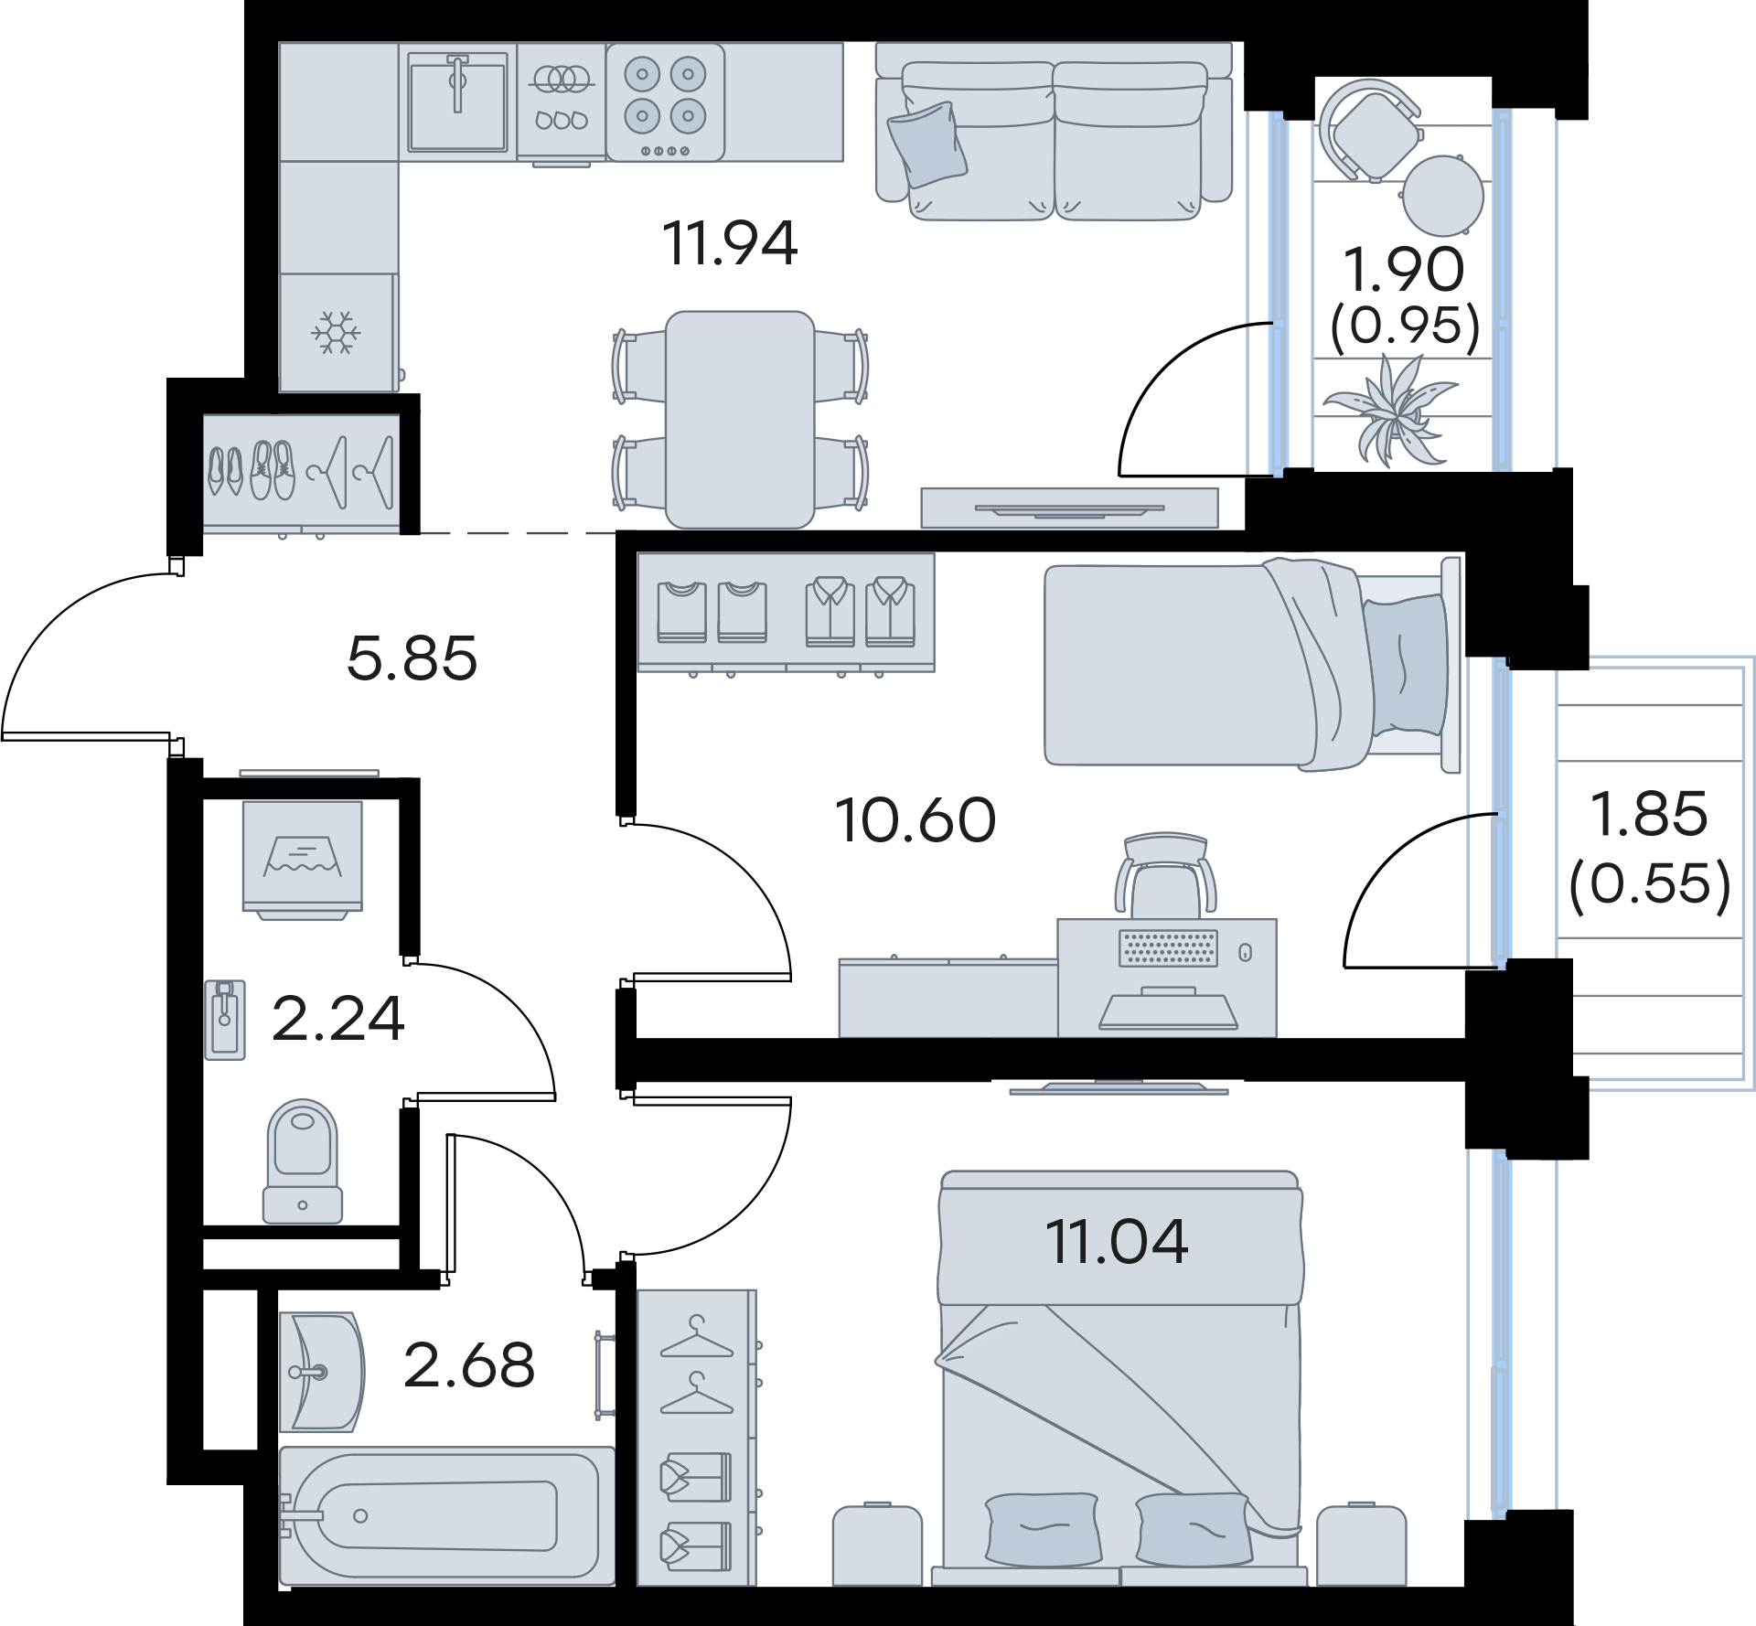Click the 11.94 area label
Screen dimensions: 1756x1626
pos(731,244)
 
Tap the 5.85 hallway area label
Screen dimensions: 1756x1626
pos(412,658)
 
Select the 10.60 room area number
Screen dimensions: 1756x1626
pos(915,820)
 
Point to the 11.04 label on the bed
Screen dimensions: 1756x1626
pos(1117,1241)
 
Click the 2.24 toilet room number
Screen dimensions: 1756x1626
pos(338,1020)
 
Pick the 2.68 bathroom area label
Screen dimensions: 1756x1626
pos(469,1365)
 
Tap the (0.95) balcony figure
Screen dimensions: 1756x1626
pos(1406,325)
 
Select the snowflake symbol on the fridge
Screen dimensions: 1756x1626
pos(337,333)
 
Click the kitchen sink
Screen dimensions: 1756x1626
pos(457,101)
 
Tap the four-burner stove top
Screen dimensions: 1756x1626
pos(665,102)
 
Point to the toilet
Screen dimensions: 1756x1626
pos(302,1161)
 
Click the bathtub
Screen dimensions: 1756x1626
pos(446,1515)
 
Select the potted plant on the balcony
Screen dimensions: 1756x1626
pos(1390,410)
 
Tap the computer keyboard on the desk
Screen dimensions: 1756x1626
pos(1169,947)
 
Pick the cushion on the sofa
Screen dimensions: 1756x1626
pos(927,144)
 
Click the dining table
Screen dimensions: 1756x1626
pos(740,420)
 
